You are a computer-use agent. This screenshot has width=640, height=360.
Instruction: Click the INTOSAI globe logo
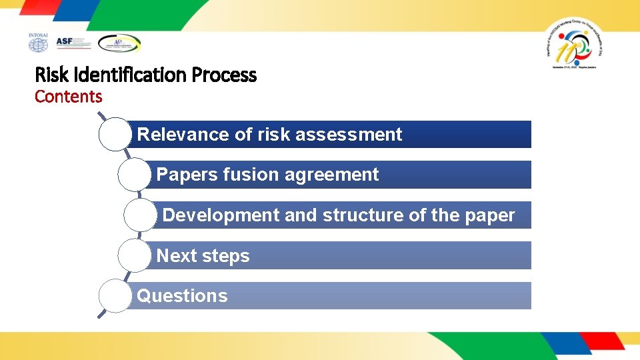pyautogui.click(x=38, y=43)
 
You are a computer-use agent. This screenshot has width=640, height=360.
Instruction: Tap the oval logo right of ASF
pyautogui.click(x=119, y=43)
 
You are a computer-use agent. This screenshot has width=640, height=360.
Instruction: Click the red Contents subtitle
pyautogui.click(x=68, y=97)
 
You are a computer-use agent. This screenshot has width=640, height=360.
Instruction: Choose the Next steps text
pyautogui.click(x=203, y=256)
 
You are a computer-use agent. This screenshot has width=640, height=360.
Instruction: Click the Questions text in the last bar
pyautogui.click(x=182, y=296)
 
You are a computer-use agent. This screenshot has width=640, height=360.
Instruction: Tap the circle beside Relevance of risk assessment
pyautogui.click(x=115, y=134)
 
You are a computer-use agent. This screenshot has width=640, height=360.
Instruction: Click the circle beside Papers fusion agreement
pyautogui.click(x=134, y=175)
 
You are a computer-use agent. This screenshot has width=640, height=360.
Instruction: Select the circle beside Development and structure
pyautogui.click(x=141, y=215)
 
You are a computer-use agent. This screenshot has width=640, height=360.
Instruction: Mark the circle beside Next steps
pyautogui.click(x=134, y=255)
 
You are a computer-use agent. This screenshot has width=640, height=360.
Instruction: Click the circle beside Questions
pyautogui.click(x=115, y=296)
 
